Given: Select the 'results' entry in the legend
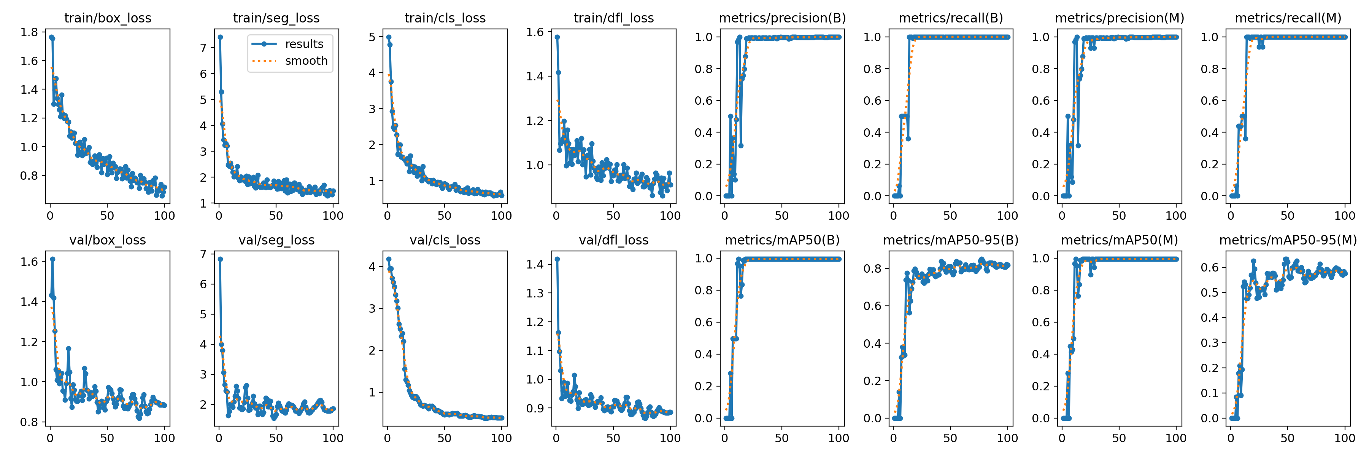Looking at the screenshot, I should click(303, 44).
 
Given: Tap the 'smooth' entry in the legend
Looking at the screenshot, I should click(306, 61).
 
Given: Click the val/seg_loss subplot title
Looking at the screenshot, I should click(276, 240).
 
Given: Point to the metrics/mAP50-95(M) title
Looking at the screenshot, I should click(1288, 240).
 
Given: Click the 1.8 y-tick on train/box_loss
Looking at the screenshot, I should click(29, 32).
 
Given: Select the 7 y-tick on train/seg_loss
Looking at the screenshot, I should click(203, 48).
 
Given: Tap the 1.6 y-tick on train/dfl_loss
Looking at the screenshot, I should click(535, 32).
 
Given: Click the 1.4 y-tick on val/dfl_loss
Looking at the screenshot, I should click(535, 264).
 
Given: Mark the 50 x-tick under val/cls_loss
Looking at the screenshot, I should click(444, 438).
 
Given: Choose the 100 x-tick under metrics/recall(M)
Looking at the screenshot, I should click(1345, 216).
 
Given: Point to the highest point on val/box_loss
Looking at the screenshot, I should click(52, 259).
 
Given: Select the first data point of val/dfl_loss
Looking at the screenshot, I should click(557, 259).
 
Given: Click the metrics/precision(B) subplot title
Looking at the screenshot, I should click(782, 18).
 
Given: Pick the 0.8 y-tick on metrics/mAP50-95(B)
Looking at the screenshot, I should click(873, 268).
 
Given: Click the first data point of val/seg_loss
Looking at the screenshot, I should click(220, 259).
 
